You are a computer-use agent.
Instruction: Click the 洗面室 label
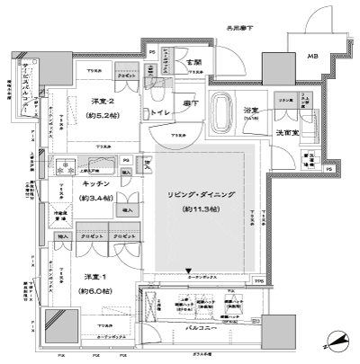point(287,133)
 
